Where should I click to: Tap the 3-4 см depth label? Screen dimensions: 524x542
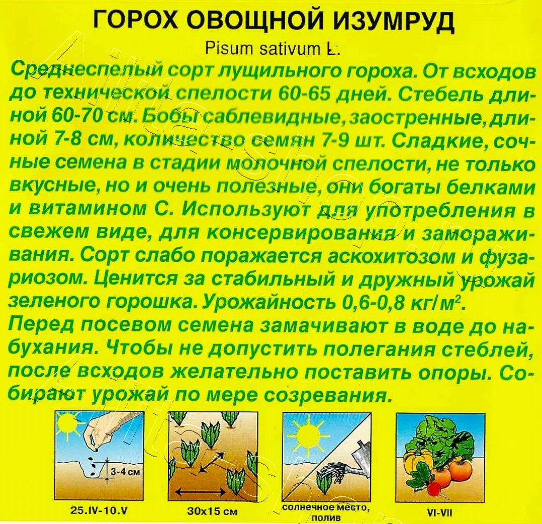(x=123, y=472)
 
